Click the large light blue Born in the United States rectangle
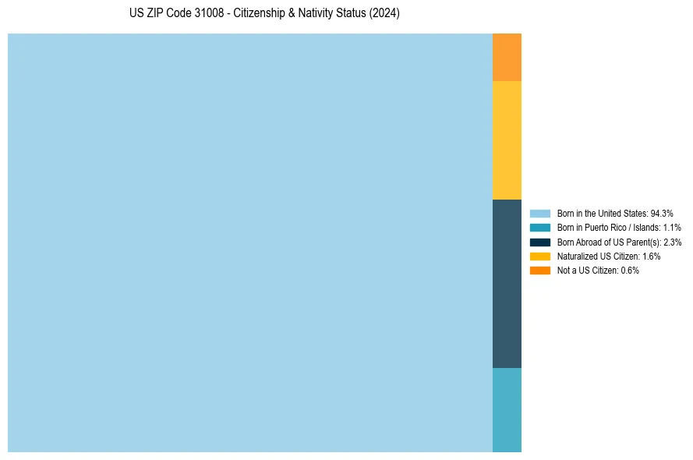coord(249,242)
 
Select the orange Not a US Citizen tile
coord(507,57)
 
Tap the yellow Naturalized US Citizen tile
coord(507,140)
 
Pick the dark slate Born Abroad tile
coord(507,284)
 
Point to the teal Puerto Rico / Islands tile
coord(507,410)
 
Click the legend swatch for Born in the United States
coord(539,213)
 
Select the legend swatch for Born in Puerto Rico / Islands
coord(539,228)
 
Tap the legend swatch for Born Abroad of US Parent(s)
coord(539,242)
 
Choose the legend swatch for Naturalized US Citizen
coord(539,256)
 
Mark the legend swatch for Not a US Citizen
coord(539,270)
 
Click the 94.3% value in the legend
coord(662,213)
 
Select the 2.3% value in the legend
coord(672,242)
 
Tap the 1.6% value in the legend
coord(651,256)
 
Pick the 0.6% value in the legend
coord(630,270)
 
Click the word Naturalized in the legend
coord(575,256)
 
